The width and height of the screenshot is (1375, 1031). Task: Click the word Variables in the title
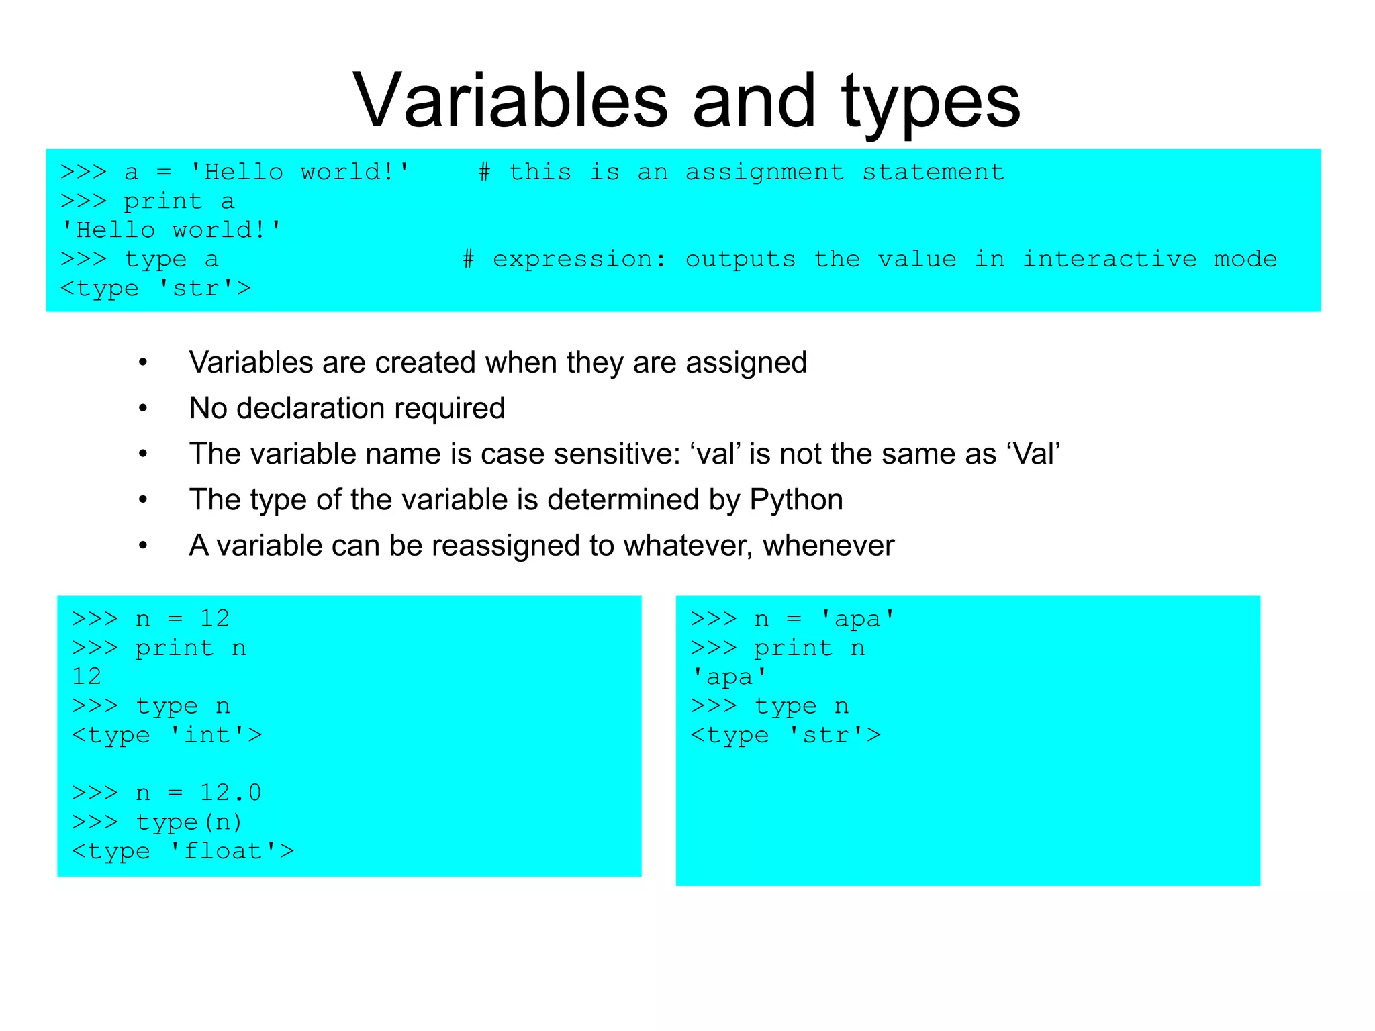(x=510, y=102)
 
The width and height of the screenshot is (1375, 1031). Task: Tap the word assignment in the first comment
(x=765, y=172)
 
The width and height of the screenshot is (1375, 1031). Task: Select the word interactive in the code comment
(x=1109, y=259)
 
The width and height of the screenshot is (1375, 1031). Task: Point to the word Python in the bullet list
(x=796, y=500)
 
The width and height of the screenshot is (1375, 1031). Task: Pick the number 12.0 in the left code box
(x=230, y=793)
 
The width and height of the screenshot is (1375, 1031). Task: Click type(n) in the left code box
(x=189, y=822)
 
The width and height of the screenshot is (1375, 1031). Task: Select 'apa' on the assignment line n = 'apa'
(x=857, y=618)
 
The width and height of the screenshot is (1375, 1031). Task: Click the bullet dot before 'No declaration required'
(x=143, y=409)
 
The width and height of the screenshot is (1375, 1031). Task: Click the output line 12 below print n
(x=87, y=676)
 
